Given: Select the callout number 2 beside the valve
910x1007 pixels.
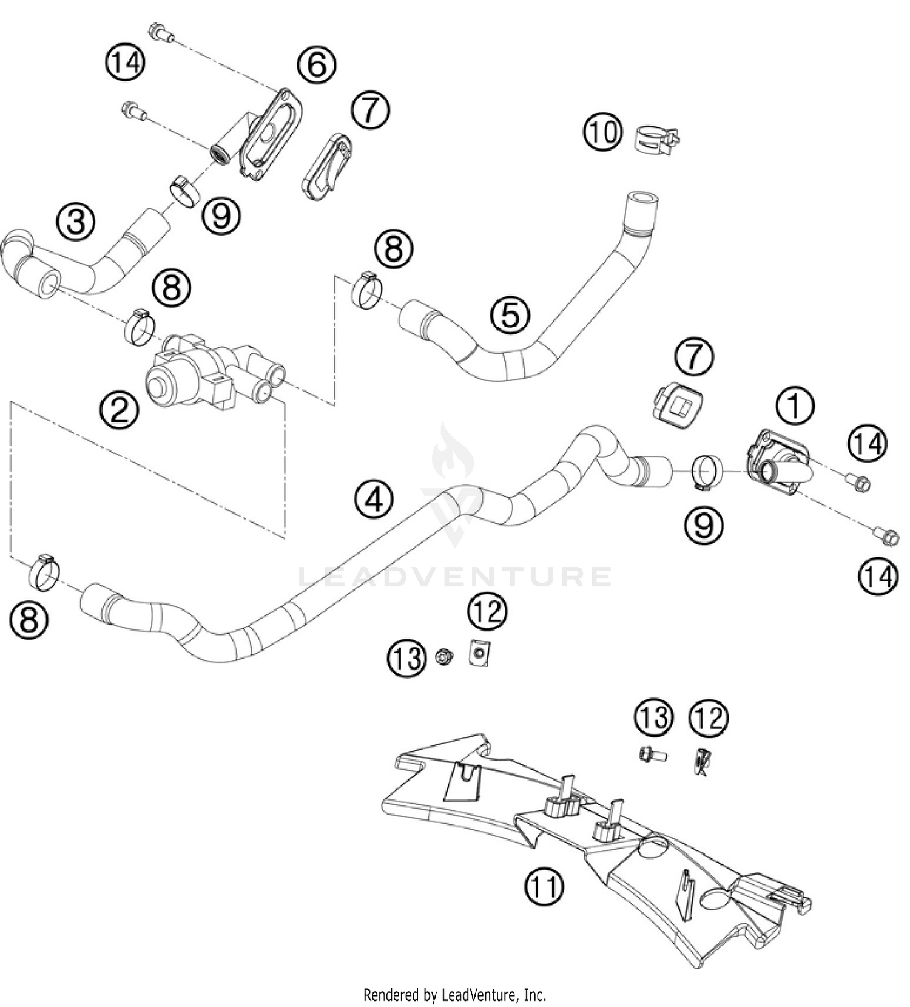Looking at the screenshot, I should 120,410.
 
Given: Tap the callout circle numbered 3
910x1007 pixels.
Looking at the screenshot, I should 76,222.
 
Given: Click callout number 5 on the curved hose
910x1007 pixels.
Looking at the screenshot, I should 510,315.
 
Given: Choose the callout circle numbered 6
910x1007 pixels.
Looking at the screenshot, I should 317,64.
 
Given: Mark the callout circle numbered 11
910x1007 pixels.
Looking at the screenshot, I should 544,887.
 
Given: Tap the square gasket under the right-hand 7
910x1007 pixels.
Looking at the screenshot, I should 678,404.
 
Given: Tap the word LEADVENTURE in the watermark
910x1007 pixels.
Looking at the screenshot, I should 455,577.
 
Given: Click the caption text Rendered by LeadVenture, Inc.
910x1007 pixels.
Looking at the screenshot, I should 454,995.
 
